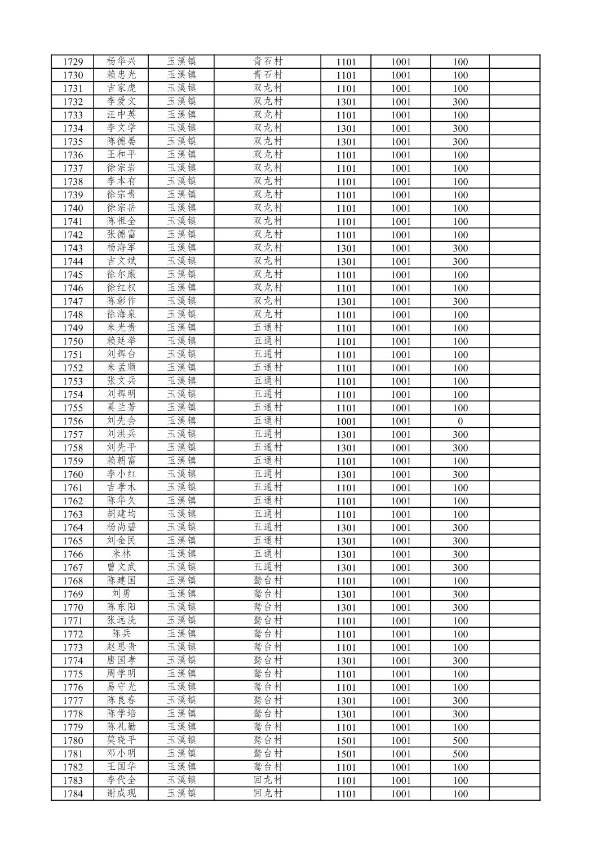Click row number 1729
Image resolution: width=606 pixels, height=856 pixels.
tap(73, 62)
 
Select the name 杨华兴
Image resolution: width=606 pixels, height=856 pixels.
tap(121, 61)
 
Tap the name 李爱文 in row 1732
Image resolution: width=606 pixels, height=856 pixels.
tap(121, 101)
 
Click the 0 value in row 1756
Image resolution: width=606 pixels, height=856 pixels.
tap(460, 421)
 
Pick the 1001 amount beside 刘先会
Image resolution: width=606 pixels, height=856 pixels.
tap(401, 421)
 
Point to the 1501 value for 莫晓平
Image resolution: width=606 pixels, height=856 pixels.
tap(346, 740)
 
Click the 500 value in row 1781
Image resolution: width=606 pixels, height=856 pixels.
tap(460, 754)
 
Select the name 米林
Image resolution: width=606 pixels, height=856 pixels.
tap(121, 554)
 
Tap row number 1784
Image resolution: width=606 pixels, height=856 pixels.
tap(73, 794)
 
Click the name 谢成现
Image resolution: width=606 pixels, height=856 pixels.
tap(121, 793)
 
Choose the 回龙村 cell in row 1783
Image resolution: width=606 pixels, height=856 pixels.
tap(268, 780)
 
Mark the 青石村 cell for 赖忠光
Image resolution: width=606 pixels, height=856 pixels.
tap(268, 75)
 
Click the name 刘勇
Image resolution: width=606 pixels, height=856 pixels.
tap(121, 594)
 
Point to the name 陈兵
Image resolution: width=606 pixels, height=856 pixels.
tap(121, 634)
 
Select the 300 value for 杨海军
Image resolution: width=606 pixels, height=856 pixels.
tap(460, 248)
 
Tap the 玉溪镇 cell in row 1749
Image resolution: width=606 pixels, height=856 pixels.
tap(182, 328)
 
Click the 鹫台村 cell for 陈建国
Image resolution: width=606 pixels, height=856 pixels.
tap(268, 580)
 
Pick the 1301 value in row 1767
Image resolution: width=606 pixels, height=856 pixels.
tap(346, 567)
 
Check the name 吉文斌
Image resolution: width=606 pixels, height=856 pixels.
tap(121, 261)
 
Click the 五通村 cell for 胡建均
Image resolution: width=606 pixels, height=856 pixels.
tap(268, 514)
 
